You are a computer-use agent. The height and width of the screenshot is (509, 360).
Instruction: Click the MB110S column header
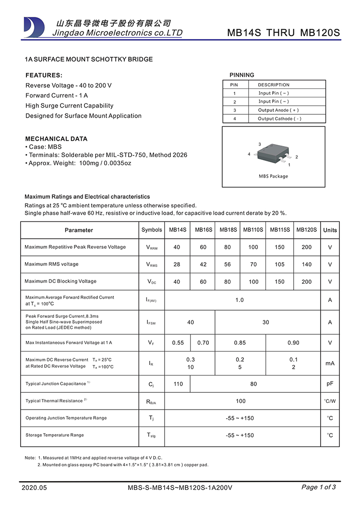click(x=253, y=230)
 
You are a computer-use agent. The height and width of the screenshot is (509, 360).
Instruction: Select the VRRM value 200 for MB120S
click(x=306, y=247)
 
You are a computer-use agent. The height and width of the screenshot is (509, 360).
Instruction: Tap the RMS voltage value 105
click(x=279, y=265)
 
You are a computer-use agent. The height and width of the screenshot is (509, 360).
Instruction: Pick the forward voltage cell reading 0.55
click(x=178, y=343)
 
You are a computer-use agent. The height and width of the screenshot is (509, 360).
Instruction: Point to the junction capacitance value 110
click(x=178, y=384)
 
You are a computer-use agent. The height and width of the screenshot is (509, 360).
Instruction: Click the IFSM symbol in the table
click(x=151, y=323)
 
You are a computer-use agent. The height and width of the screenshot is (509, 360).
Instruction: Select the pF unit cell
click(x=330, y=384)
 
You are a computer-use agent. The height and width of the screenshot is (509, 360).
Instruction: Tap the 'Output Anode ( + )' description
click(x=278, y=110)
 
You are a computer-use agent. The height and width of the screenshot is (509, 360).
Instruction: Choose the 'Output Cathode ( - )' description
click(x=279, y=119)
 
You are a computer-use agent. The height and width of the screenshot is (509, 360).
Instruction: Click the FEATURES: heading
click(x=44, y=75)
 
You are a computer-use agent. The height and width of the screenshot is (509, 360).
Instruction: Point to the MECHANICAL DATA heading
click(x=56, y=139)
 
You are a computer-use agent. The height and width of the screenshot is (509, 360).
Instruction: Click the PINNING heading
click(x=242, y=75)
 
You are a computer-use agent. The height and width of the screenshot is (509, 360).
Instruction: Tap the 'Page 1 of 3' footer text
click(x=318, y=487)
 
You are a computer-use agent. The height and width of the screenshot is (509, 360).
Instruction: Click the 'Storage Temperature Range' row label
click(x=54, y=435)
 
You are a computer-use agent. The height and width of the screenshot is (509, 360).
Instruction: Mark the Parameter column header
click(x=79, y=230)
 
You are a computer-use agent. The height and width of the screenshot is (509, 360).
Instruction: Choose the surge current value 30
click(x=265, y=323)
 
